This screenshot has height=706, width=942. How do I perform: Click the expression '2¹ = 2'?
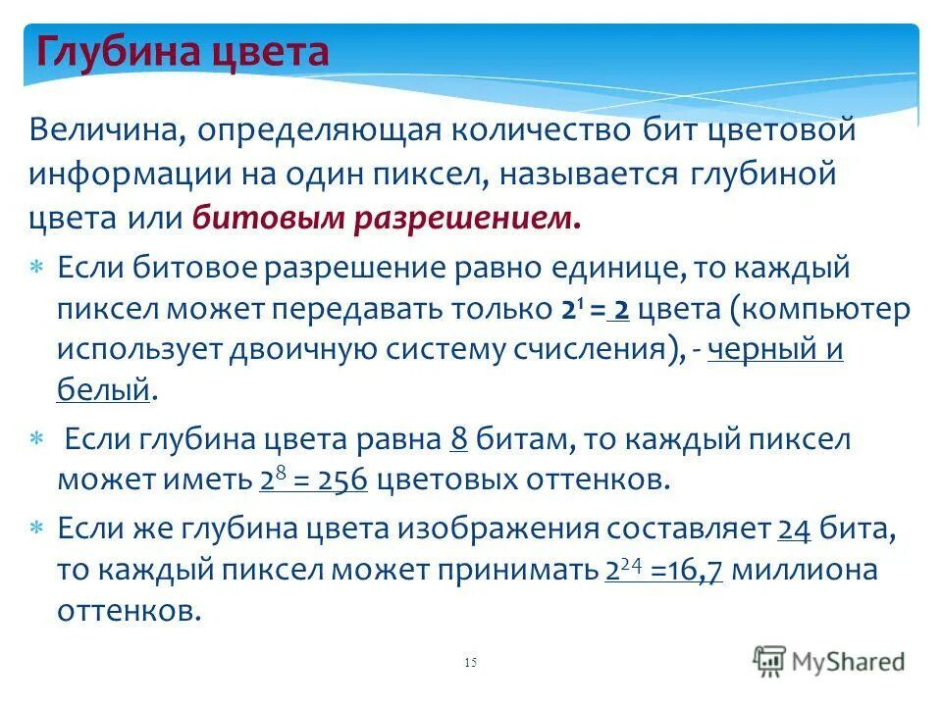[595, 310]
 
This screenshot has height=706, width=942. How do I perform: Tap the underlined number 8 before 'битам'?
[458, 439]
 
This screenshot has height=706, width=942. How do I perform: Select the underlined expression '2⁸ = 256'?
[314, 480]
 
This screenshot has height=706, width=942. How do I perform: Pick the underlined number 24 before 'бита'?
[793, 529]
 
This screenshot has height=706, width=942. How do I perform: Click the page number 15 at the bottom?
[469, 664]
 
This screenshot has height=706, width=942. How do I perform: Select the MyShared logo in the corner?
[829, 660]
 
